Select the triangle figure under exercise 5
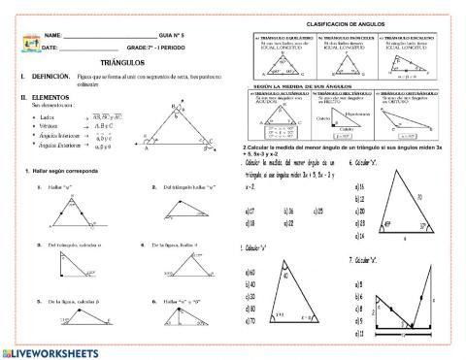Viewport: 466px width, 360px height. (x=68, y=319)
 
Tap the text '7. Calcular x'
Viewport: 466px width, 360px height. (x=364, y=260)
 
